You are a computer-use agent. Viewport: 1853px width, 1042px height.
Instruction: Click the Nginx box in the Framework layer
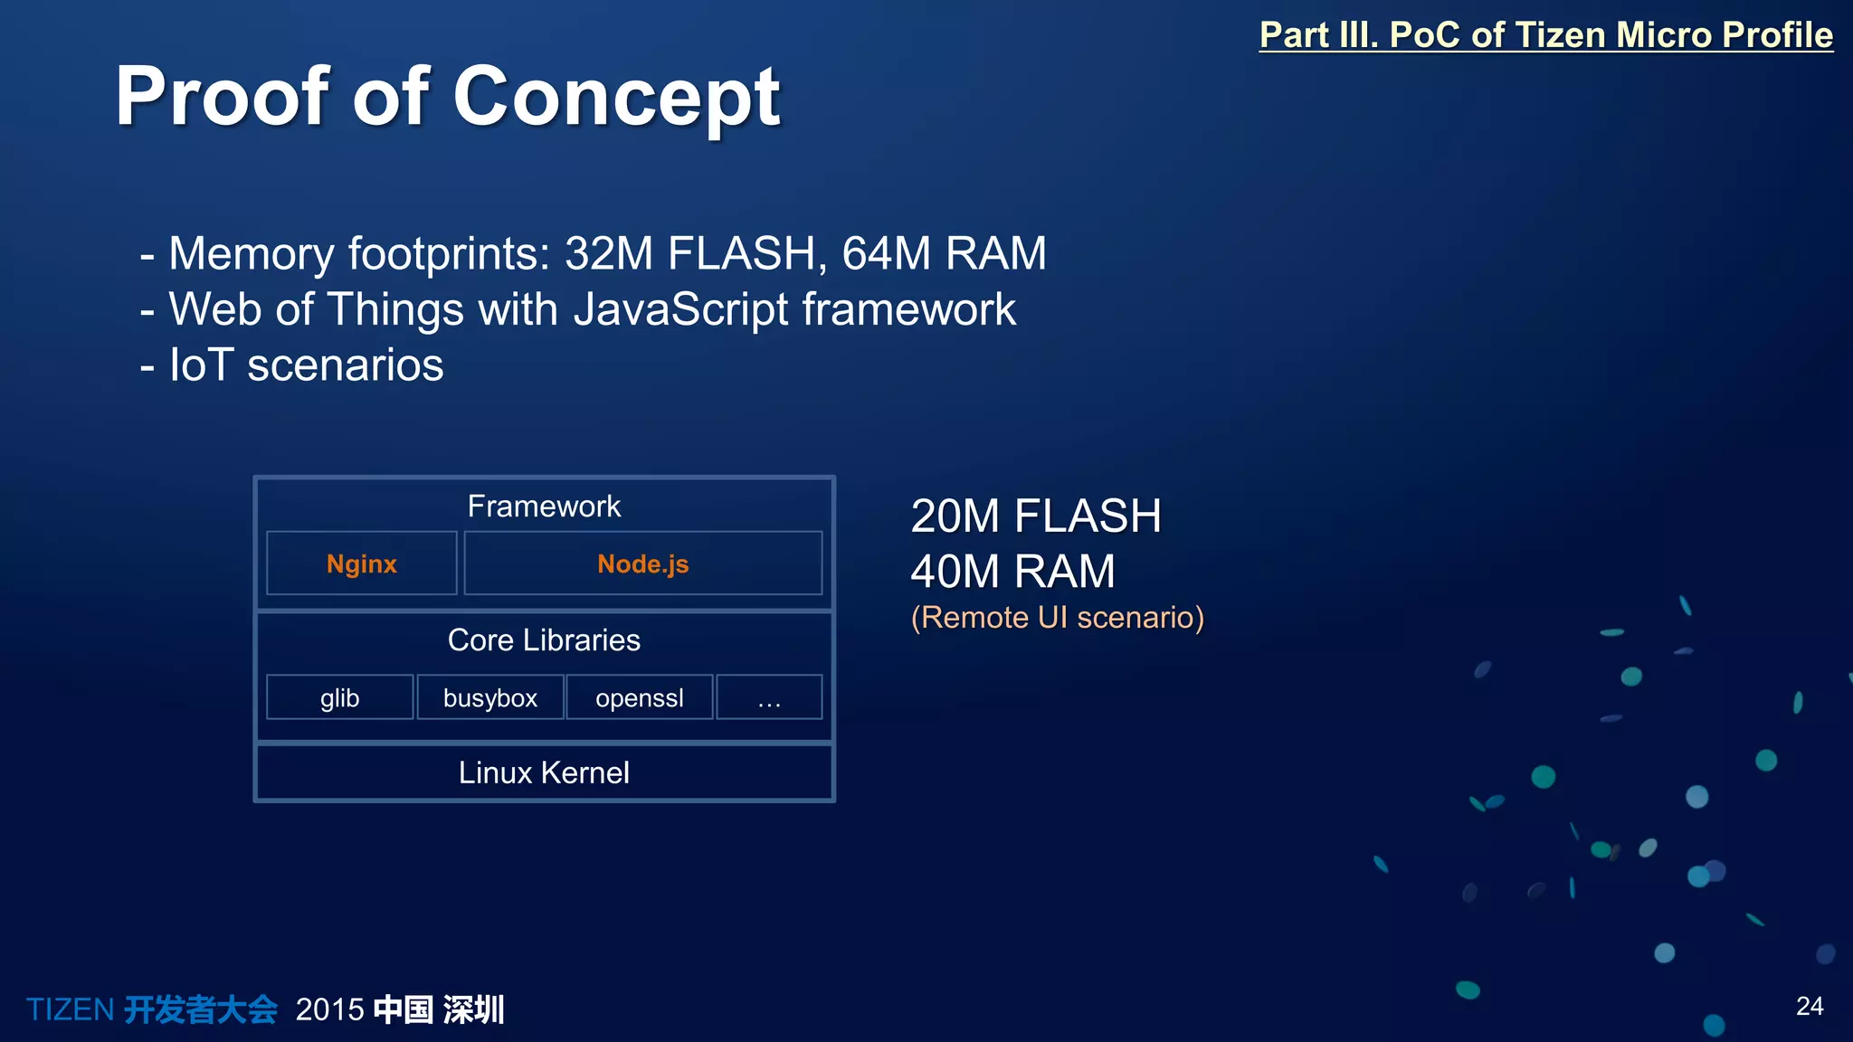pyautogui.click(x=362, y=564)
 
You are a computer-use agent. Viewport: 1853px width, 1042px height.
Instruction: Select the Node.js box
pyautogui.click(x=642, y=564)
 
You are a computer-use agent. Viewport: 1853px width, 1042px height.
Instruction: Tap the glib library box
pyautogui.click(x=340, y=697)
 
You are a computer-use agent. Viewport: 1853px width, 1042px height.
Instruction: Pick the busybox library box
pyautogui.click(x=490, y=697)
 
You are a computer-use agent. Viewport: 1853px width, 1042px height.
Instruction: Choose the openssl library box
pyautogui.click(x=640, y=697)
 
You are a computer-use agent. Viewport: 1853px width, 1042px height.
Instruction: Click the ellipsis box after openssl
pyautogui.click(x=769, y=697)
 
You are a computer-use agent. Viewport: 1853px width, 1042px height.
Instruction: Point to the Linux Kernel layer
pyautogui.click(x=544, y=772)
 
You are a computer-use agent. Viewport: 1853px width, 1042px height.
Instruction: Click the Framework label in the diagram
pyautogui.click(x=544, y=507)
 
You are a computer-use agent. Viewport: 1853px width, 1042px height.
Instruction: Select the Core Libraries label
pyautogui.click(x=544, y=640)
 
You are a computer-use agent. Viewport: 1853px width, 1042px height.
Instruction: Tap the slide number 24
pyautogui.click(x=1810, y=1006)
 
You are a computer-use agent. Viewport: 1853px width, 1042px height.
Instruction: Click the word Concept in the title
pyautogui.click(x=616, y=98)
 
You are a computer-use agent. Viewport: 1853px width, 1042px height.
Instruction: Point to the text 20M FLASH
pyautogui.click(x=1036, y=516)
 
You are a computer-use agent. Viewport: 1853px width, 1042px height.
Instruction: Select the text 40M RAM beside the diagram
pyautogui.click(x=1012, y=572)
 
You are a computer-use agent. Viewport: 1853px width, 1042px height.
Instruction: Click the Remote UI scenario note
pyautogui.click(x=1058, y=618)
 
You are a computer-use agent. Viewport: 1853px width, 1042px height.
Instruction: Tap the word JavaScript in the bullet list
pyautogui.click(x=681, y=309)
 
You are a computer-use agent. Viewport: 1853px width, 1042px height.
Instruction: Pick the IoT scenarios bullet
pyautogui.click(x=306, y=365)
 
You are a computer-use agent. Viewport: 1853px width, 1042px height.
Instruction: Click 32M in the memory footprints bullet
pyautogui.click(x=608, y=253)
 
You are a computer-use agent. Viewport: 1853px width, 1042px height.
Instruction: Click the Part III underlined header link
pyautogui.click(x=1545, y=35)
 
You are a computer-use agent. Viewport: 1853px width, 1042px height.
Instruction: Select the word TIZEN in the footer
pyautogui.click(x=70, y=1009)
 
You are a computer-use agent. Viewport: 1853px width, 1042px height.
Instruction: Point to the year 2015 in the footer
pyautogui.click(x=329, y=1009)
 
